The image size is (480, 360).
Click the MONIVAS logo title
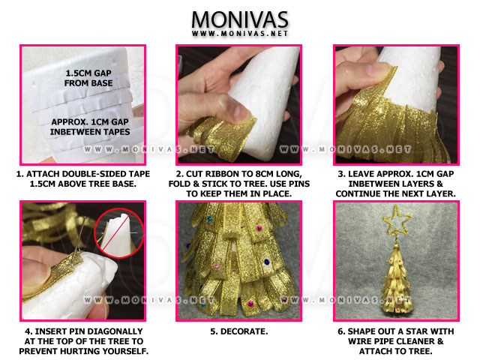click(x=240, y=18)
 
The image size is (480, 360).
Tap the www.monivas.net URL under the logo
click(x=240, y=34)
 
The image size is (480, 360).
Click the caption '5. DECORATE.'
click(x=240, y=328)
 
